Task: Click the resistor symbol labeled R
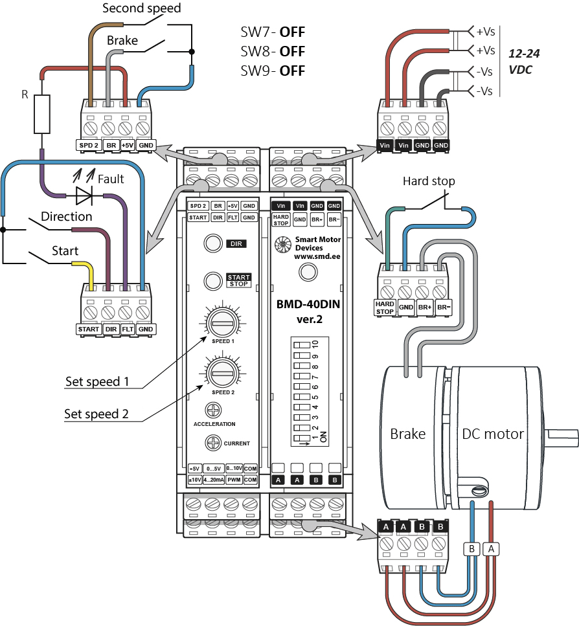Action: (42, 115)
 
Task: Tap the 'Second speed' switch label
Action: (142, 8)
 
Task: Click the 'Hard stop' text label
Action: (429, 181)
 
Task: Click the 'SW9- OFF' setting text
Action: (273, 70)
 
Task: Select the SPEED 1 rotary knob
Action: (221, 322)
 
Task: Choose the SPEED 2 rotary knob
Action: (221, 370)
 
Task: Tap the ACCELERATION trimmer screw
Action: (214, 410)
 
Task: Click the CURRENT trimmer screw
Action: (213, 443)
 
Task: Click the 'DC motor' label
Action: (492, 434)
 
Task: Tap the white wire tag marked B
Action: (471, 549)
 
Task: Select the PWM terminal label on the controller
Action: (236, 480)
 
